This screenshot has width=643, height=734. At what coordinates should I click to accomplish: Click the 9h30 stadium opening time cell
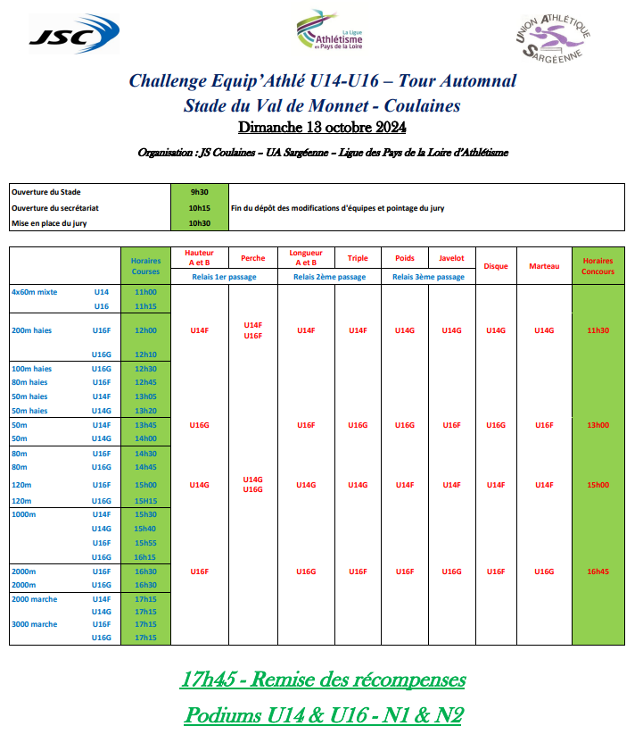[199, 192]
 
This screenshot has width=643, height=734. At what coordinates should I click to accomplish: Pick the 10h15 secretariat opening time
[199, 208]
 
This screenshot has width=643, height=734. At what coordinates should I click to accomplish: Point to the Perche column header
[252, 259]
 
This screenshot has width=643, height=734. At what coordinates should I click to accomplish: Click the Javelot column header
[451, 259]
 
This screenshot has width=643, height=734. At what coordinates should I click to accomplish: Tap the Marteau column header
[544, 266]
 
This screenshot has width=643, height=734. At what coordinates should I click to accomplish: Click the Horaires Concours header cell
[598, 265]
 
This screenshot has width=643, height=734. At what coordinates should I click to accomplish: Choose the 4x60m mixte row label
[35, 292]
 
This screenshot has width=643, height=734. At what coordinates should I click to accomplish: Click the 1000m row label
[24, 514]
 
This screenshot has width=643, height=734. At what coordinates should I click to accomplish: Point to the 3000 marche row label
[35, 624]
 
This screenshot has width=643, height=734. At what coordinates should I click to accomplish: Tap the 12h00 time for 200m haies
[145, 330]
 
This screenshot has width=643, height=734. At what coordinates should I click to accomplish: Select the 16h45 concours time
[598, 571]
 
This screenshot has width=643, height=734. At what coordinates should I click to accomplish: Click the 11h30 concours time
[598, 330]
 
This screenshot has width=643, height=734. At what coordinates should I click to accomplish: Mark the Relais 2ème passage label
[330, 277]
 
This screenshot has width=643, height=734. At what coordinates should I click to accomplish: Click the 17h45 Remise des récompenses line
[323, 680]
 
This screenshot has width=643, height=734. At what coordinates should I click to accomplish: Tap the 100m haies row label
[32, 369]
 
